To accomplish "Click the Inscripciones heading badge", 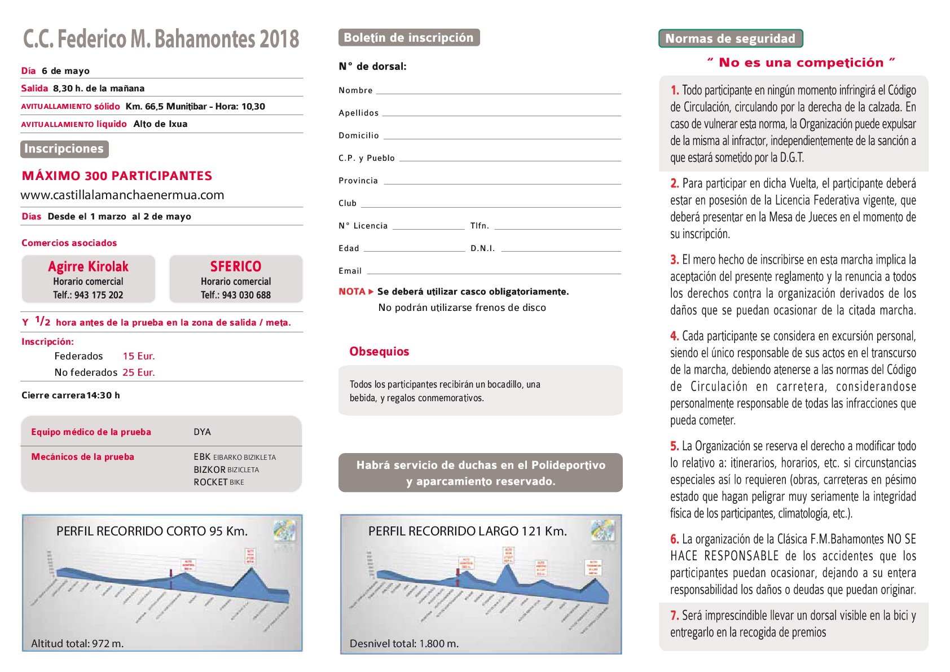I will click(64, 149).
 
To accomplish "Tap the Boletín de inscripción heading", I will click(408, 38).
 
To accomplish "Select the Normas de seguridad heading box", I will click(730, 39).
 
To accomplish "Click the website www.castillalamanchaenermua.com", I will click(122, 195).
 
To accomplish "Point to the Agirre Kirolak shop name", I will click(88, 266).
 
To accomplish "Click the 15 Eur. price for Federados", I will click(139, 357).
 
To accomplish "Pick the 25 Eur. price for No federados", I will click(139, 372).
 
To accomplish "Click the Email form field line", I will click(494, 273).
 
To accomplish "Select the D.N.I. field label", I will click(482, 249).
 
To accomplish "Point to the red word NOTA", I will click(352, 292).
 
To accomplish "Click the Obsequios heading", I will click(379, 352).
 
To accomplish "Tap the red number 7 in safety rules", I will click(674, 616).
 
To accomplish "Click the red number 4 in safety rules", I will click(674, 336).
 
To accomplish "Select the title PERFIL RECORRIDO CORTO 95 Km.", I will click(152, 532).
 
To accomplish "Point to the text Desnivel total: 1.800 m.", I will click(404, 644).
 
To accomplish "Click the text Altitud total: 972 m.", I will click(77, 644).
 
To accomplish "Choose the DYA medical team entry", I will click(202, 432).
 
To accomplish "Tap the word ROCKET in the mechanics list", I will click(210, 482).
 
